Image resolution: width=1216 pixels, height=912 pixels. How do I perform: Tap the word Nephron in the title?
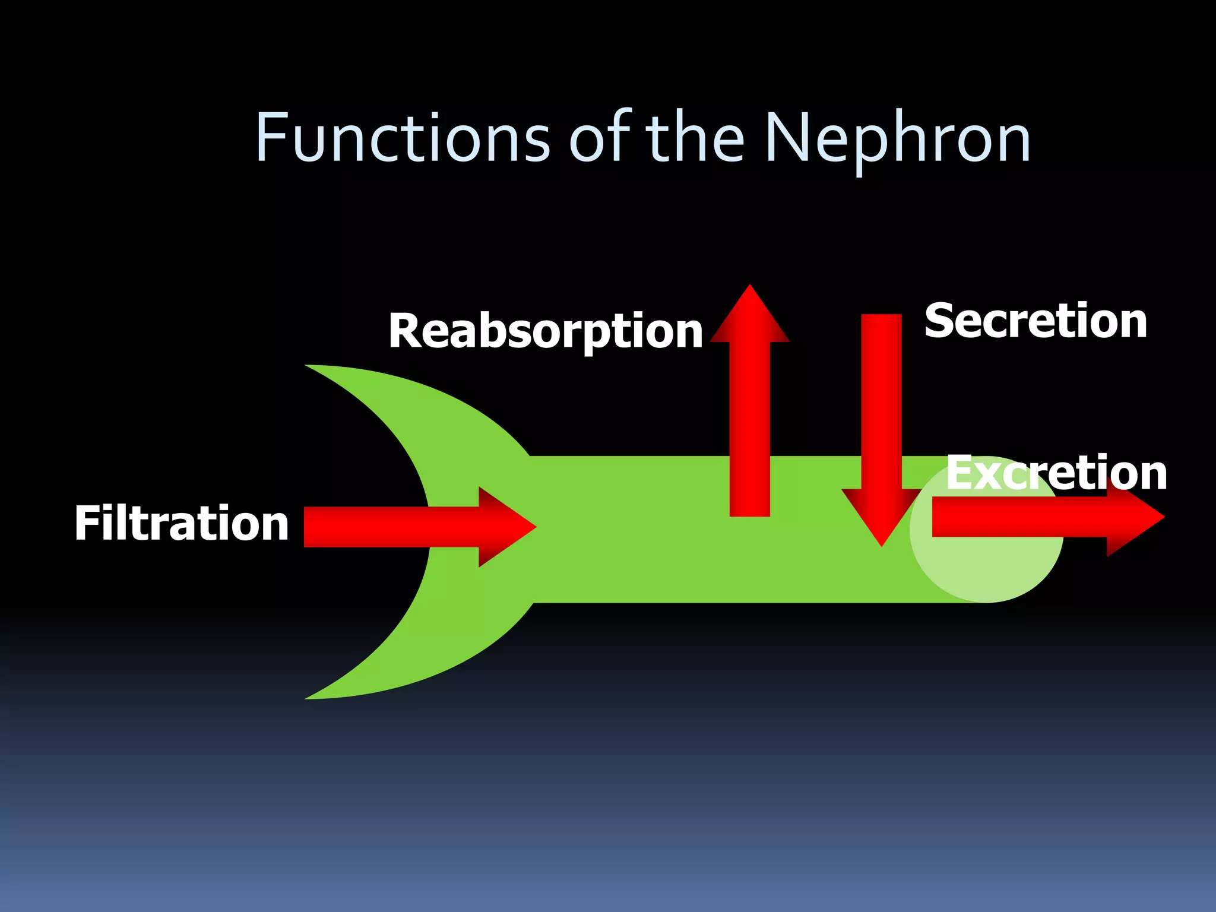897,138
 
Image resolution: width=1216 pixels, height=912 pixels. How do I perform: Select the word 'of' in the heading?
600,138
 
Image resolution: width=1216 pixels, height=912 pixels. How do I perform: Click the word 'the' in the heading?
695,138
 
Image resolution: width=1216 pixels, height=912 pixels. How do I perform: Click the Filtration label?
182,523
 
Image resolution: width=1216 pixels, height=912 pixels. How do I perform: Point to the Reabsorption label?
546,331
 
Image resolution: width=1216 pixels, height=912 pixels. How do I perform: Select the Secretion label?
1035,321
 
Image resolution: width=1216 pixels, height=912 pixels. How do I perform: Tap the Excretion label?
1056,473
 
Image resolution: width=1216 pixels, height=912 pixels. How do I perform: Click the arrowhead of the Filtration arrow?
505,527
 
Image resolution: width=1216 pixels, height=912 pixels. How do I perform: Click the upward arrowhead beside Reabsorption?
750,318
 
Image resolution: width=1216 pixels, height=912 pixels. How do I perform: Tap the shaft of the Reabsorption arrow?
750,427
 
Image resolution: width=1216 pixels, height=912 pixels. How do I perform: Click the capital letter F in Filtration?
86,523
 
